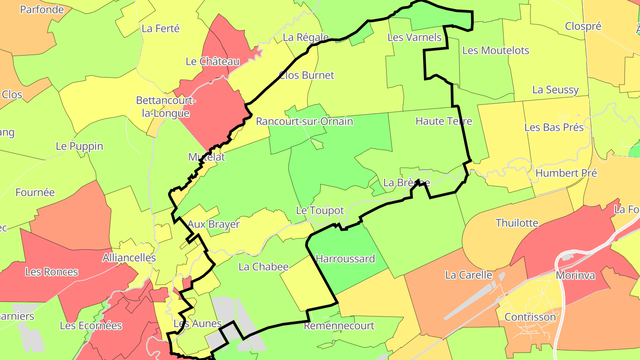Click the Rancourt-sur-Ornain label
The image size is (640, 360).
click(x=304, y=121)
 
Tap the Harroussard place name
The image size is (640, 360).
click(x=345, y=259)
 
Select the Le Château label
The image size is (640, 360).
click(x=212, y=62)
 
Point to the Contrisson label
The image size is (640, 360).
click(x=530, y=317)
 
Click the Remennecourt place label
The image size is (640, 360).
click(x=339, y=326)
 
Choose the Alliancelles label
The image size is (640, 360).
click(x=129, y=258)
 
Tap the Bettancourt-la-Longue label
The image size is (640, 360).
click(x=166, y=107)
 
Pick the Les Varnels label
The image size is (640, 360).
click(x=415, y=37)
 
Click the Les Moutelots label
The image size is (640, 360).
click(x=496, y=51)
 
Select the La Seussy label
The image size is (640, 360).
click(x=556, y=90)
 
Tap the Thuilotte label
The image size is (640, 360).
click(x=517, y=223)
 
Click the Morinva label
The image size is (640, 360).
click(x=576, y=276)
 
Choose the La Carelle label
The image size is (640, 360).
click(x=469, y=275)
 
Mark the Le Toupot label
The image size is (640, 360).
click(x=320, y=211)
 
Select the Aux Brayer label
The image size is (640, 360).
click(x=213, y=224)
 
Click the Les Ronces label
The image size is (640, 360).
click(x=52, y=272)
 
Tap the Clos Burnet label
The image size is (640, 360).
click(x=306, y=75)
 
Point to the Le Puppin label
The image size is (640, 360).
click(x=80, y=146)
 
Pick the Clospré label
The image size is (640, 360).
click(x=583, y=26)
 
